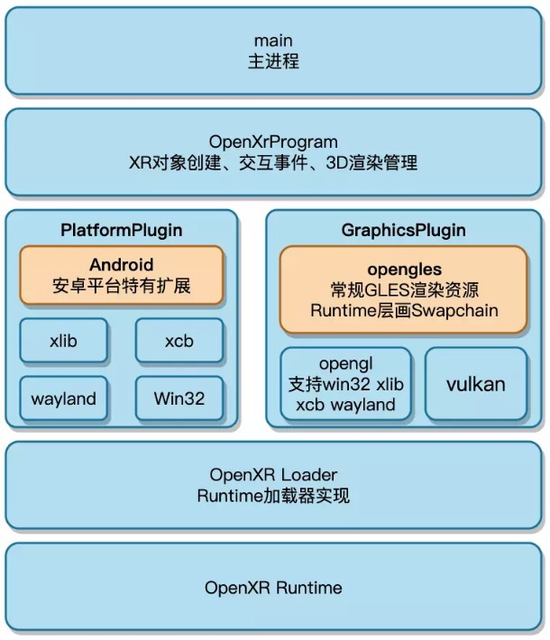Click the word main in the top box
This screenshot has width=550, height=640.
click(273, 41)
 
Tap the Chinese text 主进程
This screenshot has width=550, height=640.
click(273, 61)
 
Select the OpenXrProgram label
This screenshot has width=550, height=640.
click(273, 142)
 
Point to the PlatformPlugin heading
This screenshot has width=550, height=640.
click(121, 230)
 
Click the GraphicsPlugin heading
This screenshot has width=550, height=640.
click(403, 230)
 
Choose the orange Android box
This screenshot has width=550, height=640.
click(121, 277)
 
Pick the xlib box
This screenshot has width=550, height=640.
click(63, 342)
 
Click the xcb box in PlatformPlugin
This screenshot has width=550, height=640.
click(179, 342)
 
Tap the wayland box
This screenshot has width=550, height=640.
click(63, 398)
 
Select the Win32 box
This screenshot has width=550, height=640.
click(179, 398)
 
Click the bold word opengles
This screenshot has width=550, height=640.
click(404, 270)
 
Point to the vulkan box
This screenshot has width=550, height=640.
click(475, 384)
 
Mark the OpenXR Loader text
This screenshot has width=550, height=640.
click(273, 474)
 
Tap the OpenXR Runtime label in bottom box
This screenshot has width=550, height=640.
click(273, 588)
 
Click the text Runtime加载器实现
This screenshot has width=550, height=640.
click(273, 495)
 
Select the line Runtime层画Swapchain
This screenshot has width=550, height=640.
click(404, 310)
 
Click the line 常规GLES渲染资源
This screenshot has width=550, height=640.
click(404, 289)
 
